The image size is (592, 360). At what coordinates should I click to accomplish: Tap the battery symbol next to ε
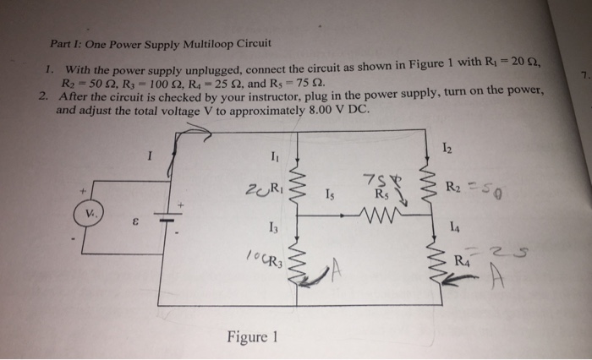pos(168,216)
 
